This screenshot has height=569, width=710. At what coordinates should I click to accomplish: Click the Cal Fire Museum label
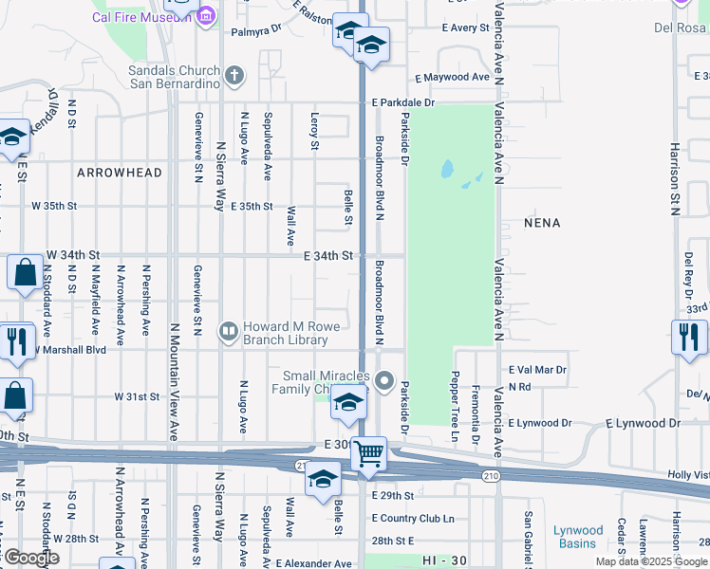pos(139,17)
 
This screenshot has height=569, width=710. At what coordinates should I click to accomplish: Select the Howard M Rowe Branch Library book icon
pos(229,331)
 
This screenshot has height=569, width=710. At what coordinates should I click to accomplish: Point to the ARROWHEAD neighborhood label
pos(120,173)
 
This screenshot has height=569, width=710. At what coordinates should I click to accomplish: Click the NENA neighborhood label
pos(542,223)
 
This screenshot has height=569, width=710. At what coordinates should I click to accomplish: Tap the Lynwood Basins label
pos(578,537)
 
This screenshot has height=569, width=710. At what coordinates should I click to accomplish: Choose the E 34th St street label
pos(328,256)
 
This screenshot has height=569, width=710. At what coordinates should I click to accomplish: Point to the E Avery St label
pos(464,28)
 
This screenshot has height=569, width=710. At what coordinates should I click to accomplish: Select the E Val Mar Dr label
pos(537,369)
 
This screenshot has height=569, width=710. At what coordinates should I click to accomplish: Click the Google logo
pos(30,558)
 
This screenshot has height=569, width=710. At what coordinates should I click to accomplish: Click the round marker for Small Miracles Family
pos(384,382)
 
